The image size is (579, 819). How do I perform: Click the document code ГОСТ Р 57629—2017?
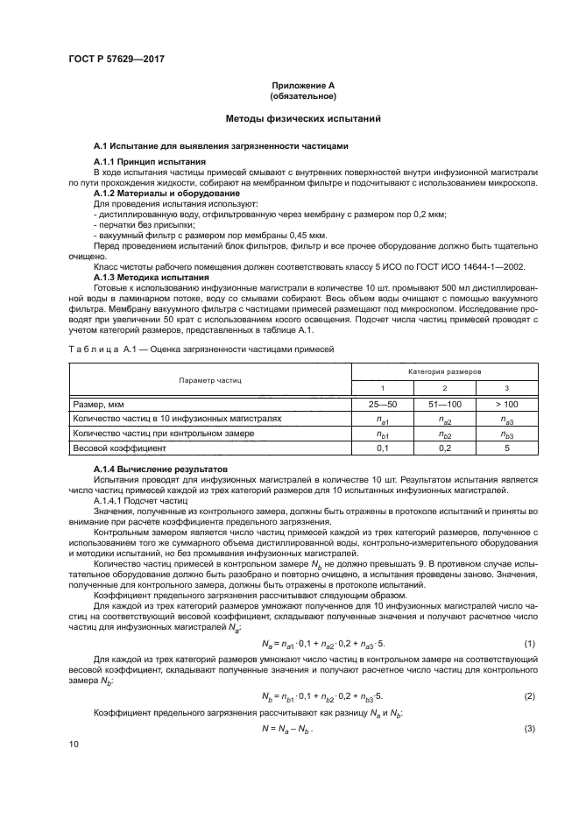[x=116, y=58]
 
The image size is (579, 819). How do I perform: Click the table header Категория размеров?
[x=444, y=372]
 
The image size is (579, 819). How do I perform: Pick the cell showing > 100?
[x=506, y=405]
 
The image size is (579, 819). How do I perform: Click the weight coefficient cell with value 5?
[x=506, y=448]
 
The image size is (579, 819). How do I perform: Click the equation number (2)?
[x=529, y=696]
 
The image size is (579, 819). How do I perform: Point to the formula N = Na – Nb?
[x=288, y=729]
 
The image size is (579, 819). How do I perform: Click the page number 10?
[x=74, y=768]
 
